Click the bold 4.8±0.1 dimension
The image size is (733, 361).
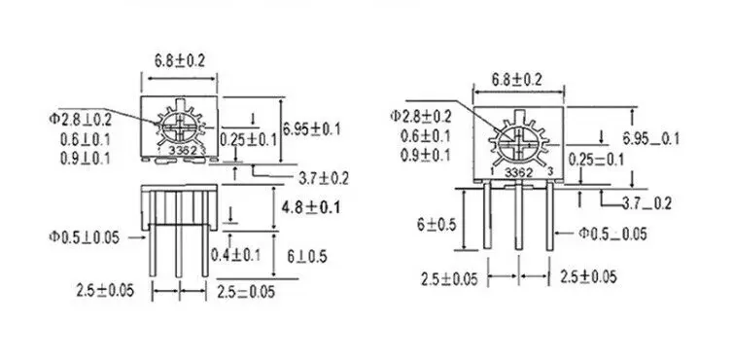click(310, 207)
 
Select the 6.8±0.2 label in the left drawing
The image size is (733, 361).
click(179, 59)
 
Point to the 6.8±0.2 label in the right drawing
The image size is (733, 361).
click(516, 78)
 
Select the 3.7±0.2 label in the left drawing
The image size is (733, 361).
click(324, 177)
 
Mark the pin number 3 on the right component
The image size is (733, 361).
click(549, 173)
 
